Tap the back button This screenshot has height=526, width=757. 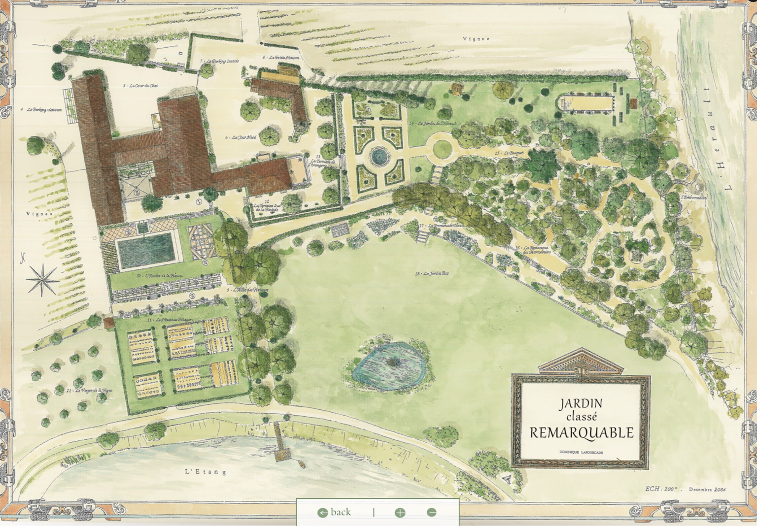[x=335, y=512]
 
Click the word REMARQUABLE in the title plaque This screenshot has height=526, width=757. [x=581, y=433]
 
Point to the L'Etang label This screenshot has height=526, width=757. [x=206, y=472]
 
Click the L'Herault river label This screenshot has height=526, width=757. [x=719, y=139]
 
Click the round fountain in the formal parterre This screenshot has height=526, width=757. [x=379, y=157]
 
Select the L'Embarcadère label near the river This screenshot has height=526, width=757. [x=693, y=197]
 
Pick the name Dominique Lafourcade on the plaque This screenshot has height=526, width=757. [x=581, y=452]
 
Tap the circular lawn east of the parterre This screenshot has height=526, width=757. [x=442, y=148]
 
